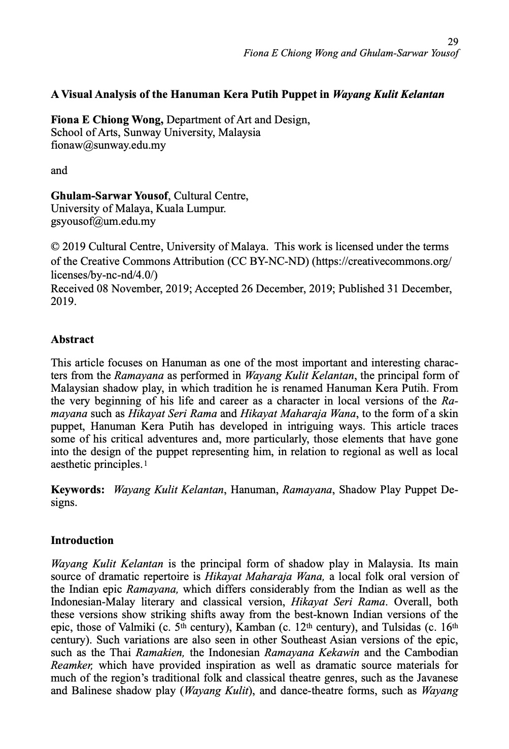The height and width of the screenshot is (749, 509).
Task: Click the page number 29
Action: coord(453,41)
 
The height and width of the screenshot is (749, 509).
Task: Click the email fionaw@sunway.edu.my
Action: coord(108,145)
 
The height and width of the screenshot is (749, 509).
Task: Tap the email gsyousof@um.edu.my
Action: coord(103,221)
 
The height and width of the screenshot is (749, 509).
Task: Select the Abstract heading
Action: coord(72,339)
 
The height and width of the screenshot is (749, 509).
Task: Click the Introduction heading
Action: coord(82,540)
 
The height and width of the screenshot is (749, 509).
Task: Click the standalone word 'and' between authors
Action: coord(59,171)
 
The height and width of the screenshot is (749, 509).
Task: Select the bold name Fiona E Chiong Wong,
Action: coord(107,120)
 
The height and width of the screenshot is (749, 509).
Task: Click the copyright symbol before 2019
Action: coord(55,247)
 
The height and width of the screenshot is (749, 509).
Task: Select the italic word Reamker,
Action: coord(70,665)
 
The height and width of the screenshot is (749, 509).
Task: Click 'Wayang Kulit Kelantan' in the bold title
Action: coord(388,94)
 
